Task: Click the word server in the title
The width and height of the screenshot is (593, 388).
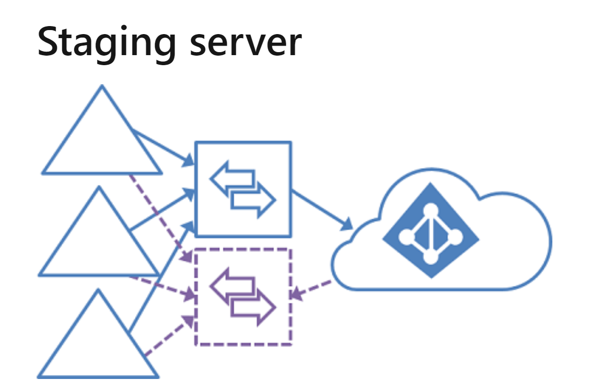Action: pyautogui.click(x=245, y=43)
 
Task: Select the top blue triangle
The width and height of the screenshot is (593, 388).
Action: pyautogui.click(x=102, y=140)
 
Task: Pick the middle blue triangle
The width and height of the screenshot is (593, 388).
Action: pyautogui.click(x=99, y=241)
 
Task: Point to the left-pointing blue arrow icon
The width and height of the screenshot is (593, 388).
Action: pyautogui.click(x=231, y=177)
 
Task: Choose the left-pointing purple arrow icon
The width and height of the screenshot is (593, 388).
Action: pyautogui.click(x=231, y=284)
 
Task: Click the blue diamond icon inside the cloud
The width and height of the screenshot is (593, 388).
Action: pyautogui.click(x=430, y=230)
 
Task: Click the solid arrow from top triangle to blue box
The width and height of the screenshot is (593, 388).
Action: pyautogui.click(x=163, y=147)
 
